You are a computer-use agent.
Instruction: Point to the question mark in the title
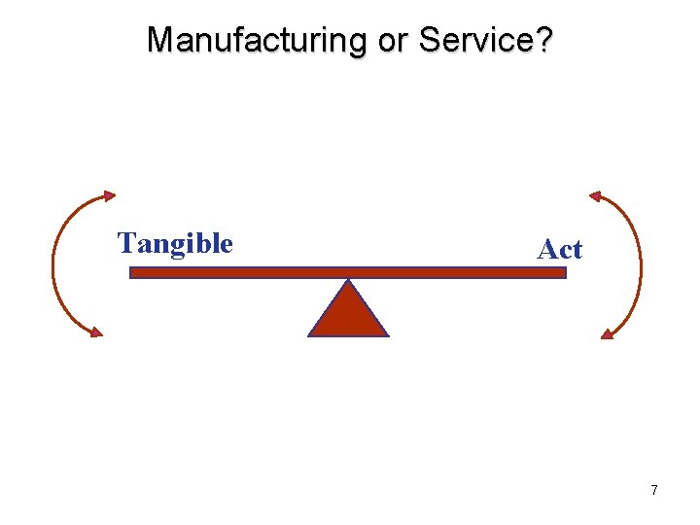[x=545, y=40]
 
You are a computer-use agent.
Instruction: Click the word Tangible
[x=175, y=242]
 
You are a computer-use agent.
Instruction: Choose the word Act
[x=559, y=250]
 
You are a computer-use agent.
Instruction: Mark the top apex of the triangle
[x=348, y=281]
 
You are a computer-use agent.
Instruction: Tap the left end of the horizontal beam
[x=132, y=273]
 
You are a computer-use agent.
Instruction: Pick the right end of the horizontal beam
[x=564, y=273]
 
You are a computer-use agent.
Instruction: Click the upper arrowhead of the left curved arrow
[x=109, y=195]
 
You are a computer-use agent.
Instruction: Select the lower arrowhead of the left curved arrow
[x=95, y=332]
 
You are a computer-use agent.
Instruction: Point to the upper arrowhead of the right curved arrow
[x=595, y=195]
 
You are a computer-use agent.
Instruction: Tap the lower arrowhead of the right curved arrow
[x=607, y=333]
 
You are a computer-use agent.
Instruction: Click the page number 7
[x=654, y=490]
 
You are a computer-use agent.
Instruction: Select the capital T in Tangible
[x=125, y=242]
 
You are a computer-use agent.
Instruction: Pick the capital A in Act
[x=545, y=250]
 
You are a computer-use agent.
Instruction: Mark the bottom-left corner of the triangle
[x=310, y=335]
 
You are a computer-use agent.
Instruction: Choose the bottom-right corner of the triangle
[x=387, y=335]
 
